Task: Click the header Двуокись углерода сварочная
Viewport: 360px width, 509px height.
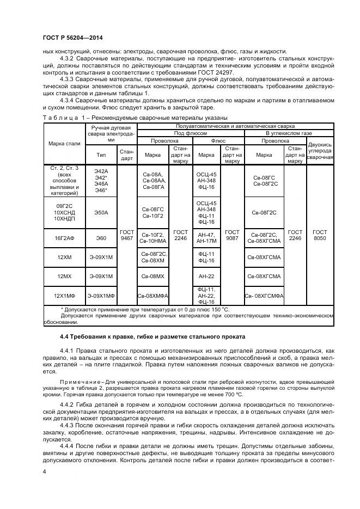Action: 320,151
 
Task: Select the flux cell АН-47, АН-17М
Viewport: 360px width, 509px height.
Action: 206,238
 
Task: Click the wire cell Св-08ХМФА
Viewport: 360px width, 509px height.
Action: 153,296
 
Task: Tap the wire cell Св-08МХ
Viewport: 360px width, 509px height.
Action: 153,277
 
